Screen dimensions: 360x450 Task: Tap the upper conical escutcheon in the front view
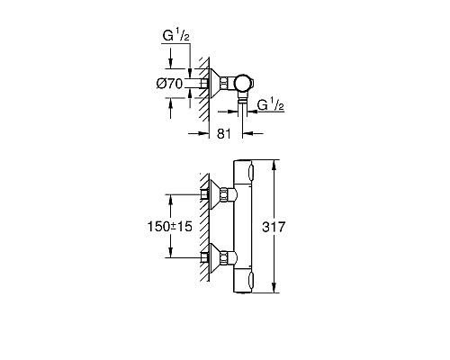tap(220, 193)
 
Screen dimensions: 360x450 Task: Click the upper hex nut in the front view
tap(233, 193)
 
